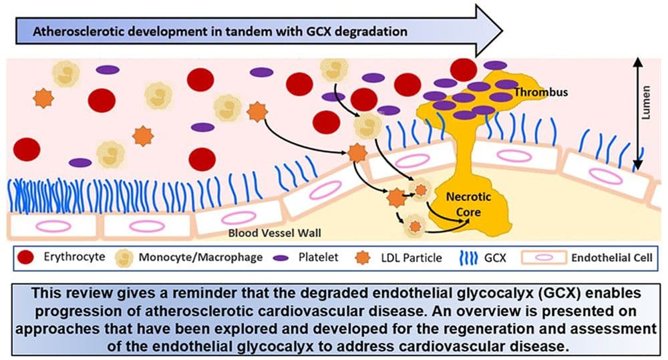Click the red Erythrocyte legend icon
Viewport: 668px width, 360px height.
point(27,257)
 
